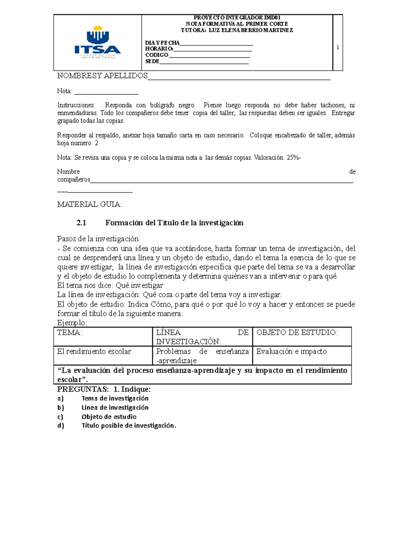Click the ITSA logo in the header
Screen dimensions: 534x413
tap(97, 43)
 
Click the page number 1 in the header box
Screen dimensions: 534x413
tap(338, 47)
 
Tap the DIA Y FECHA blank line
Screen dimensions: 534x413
tap(216, 44)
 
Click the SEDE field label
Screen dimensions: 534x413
tap(152, 62)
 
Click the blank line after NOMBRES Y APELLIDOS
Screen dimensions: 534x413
tap(239, 77)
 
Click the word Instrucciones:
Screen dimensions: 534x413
tap(76, 105)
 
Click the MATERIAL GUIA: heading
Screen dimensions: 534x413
tap(89, 204)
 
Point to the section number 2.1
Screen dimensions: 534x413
tap(81, 223)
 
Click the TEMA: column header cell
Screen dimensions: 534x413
tap(103, 336)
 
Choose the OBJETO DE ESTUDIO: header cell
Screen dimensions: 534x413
tap(301, 336)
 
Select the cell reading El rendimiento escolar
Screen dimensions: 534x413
tap(103, 355)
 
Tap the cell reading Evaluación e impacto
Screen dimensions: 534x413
tap(301, 355)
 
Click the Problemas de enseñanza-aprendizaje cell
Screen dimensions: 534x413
tap(202, 356)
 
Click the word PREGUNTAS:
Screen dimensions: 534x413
tap(83, 389)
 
